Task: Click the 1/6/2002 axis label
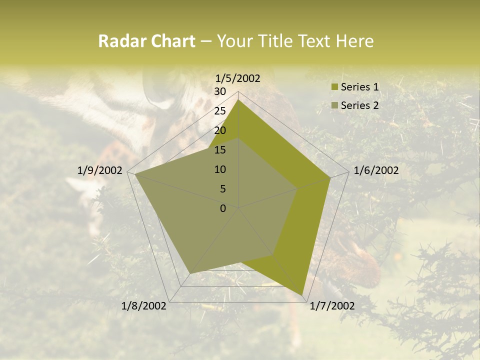tap(376, 170)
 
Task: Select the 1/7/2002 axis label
tap(332, 306)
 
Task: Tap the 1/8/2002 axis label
tap(144, 306)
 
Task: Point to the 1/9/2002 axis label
tap(100, 170)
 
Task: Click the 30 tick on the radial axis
tap(220, 91)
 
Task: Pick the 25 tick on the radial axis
tap(220, 111)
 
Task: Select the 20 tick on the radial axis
tap(220, 130)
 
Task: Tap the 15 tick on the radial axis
tap(220, 150)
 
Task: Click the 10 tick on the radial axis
tap(220, 169)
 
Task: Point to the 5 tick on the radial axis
tap(223, 189)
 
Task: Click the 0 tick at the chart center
tap(223, 208)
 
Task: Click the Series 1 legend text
tap(359, 87)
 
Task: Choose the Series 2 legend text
tap(359, 105)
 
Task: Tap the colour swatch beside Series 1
tap(334, 87)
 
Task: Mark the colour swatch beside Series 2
tap(334, 105)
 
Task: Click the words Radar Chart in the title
tap(146, 41)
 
